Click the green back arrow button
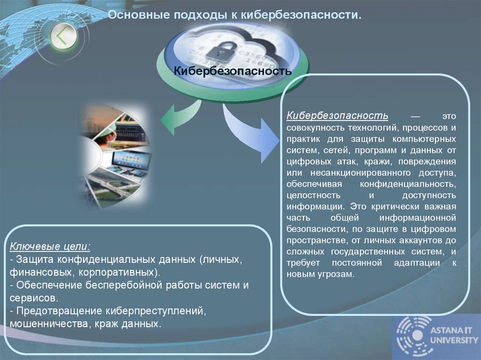(63, 37)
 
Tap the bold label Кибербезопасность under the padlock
(233, 71)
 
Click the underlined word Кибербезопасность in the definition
(337, 115)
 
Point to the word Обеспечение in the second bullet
(53, 285)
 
